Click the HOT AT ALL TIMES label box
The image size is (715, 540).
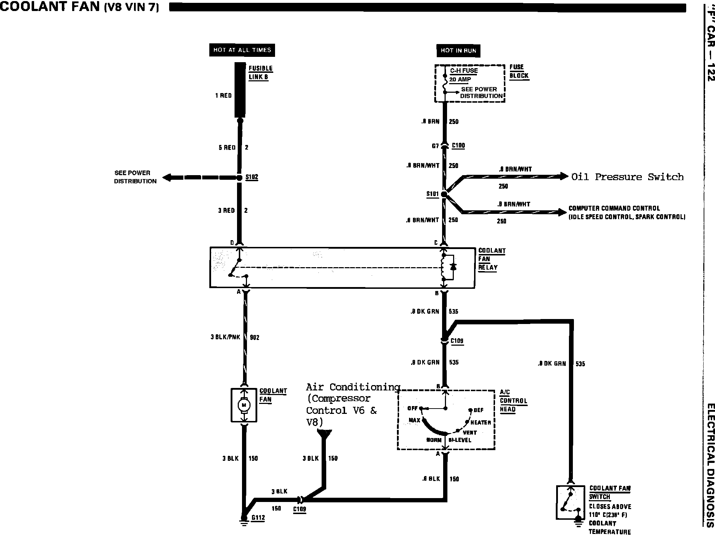click(x=242, y=50)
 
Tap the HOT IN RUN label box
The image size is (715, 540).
click(x=458, y=50)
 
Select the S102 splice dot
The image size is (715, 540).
click(x=240, y=177)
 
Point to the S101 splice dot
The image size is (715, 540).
click(x=444, y=194)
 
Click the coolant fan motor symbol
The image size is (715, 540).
click(x=244, y=405)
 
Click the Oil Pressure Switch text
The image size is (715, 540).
click(x=627, y=177)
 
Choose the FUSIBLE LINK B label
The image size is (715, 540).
click(x=260, y=72)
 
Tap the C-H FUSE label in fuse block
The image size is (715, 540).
click(x=464, y=71)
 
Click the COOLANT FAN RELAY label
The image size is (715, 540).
click(x=492, y=259)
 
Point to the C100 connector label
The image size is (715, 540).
click(x=458, y=146)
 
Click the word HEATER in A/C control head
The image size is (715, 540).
click(x=480, y=422)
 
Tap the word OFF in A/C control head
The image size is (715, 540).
click(x=412, y=408)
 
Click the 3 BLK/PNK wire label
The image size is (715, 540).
click(x=225, y=337)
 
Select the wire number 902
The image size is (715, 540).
click(x=254, y=337)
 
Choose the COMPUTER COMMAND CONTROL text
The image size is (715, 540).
click(x=614, y=208)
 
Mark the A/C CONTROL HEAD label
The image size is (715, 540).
click(x=513, y=401)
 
